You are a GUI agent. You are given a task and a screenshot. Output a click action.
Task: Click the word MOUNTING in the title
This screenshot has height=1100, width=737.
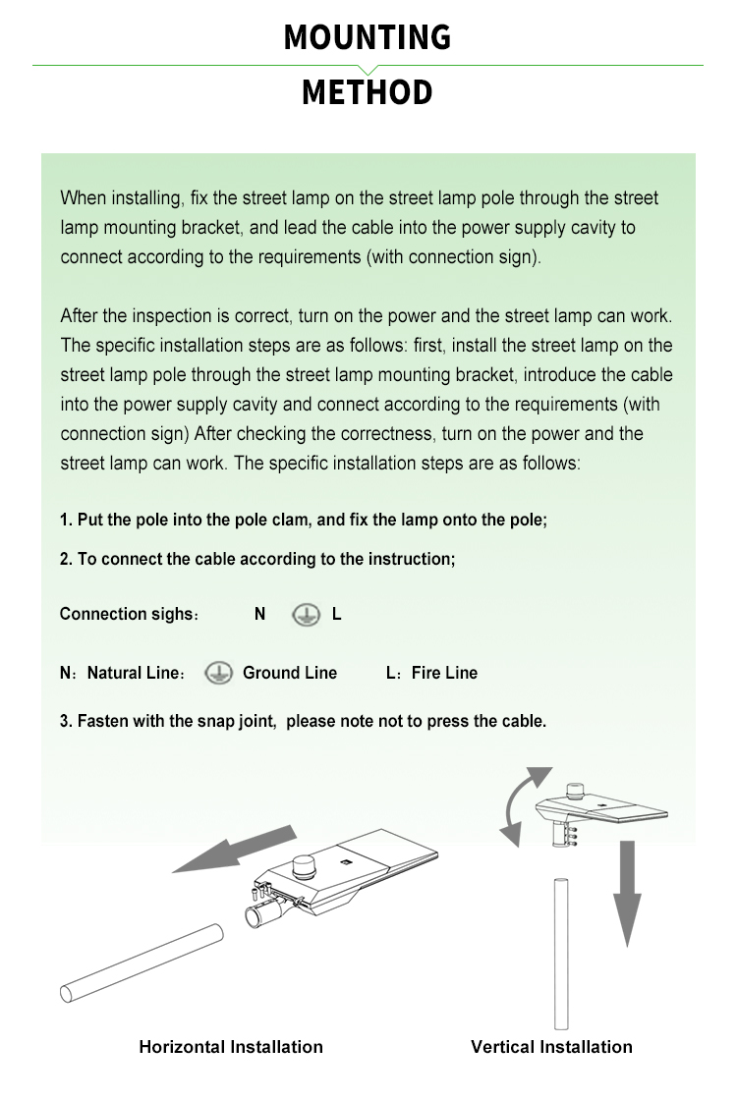pyautogui.click(x=368, y=38)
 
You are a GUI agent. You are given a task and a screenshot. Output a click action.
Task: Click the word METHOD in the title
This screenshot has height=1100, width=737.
pyautogui.click(x=368, y=93)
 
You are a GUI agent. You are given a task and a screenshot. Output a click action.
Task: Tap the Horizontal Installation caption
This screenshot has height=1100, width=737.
pyautogui.click(x=231, y=1047)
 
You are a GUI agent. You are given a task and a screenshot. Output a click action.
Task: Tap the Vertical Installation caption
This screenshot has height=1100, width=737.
pyautogui.click(x=551, y=1047)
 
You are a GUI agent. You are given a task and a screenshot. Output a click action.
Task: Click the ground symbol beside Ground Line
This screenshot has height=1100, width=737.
pyautogui.click(x=218, y=674)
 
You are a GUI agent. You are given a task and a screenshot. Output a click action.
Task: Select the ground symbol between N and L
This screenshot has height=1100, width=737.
pyautogui.click(x=306, y=615)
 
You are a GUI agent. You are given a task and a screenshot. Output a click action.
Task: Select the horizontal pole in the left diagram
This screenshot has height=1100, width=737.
pyautogui.click(x=142, y=962)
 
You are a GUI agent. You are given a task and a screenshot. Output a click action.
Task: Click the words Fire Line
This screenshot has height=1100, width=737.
pyautogui.click(x=444, y=674)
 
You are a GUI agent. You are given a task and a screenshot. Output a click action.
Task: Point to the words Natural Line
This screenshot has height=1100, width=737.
pyautogui.click(x=132, y=674)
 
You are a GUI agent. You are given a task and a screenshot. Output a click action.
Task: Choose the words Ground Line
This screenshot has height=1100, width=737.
pyautogui.click(x=290, y=674)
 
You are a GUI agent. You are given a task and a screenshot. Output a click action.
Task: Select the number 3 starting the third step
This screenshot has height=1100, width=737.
pyautogui.click(x=64, y=722)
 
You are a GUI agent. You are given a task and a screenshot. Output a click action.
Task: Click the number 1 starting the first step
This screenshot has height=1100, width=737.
pyautogui.click(x=64, y=521)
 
